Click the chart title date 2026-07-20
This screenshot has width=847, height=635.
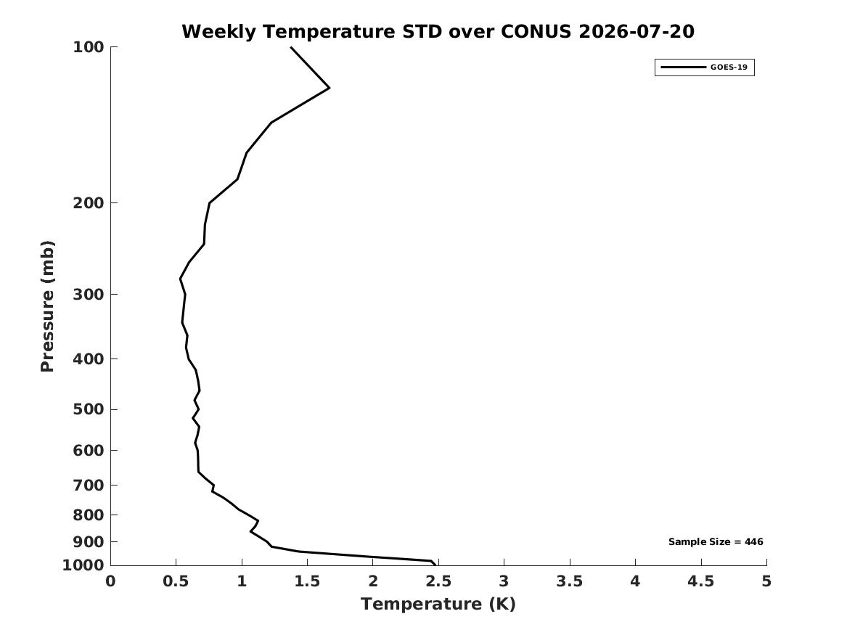[x=637, y=31]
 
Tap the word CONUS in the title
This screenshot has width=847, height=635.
[x=536, y=31]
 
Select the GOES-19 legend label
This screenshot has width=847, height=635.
[x=729, y=67]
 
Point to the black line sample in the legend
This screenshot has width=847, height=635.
[x=683, y=67]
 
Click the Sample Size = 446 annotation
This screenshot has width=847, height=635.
[x=716, y=541]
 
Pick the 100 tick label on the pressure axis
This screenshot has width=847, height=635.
[x=88, y=47]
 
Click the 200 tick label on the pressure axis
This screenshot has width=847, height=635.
[x=88, y=203]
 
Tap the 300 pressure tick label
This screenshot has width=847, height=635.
[x=88, y=295]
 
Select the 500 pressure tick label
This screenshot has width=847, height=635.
[x=88, y=409]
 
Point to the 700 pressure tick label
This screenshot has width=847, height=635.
[x=88, y=486]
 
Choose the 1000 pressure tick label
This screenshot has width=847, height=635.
[x=83, y=565]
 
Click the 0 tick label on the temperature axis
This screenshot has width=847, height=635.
[x=110, y=581]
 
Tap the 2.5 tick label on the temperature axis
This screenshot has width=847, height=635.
[x=438, y=581]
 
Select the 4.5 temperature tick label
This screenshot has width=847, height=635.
[x=700, y=581]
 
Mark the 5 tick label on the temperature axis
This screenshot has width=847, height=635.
[x=766, y=581]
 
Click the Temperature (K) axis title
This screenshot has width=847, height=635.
[x=438, y=604]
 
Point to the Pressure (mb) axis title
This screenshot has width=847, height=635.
[x=47, y=306]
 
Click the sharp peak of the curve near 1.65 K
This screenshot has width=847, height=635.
[x=329, y=88]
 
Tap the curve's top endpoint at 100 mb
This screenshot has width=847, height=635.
[x=291, y=47]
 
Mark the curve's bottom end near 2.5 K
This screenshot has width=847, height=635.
[x=434, y=565]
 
